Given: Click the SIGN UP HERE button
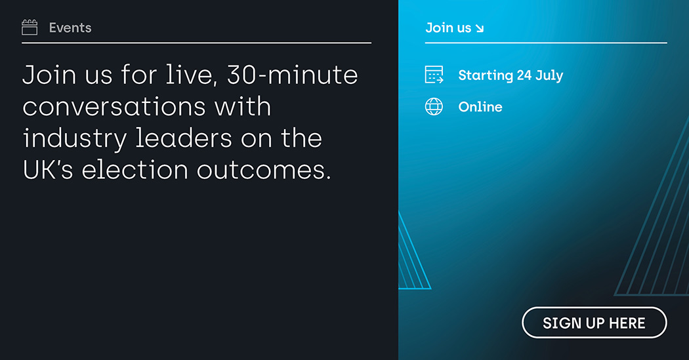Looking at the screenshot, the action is [594, 323].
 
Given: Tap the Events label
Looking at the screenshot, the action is [70, 28].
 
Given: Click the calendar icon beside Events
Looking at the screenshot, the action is [30, 28].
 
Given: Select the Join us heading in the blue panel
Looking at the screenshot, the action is [448, 28].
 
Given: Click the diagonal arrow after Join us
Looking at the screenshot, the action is [480, 29].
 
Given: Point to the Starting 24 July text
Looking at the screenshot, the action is [511, 75].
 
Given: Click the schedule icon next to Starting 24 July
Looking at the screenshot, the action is [434, 75].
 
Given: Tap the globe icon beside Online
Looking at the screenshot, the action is [434, 107].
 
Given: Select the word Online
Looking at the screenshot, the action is [480, 107].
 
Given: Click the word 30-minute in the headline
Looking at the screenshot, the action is [293, 75].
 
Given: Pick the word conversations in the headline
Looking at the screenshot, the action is [114, 107].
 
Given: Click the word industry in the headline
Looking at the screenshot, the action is [75, 139].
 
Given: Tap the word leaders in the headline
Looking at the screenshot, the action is [184, 138].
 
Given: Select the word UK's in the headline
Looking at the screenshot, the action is [48, 170].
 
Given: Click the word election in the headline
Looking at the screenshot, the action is [135, 170].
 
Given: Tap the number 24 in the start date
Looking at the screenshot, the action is [524, 75].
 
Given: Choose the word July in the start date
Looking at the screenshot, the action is [549, 75].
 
